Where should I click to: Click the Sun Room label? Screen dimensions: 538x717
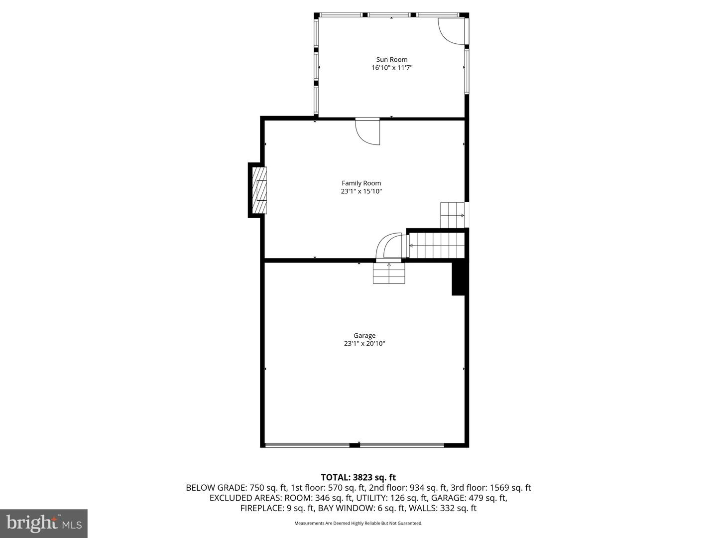pos(391,59)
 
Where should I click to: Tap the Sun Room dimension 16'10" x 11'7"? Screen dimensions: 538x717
pos(391,68)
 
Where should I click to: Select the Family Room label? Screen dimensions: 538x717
pos(361,183)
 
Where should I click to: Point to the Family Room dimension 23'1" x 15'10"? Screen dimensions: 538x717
pos(361,191)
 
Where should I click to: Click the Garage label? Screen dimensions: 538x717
pos(364,335)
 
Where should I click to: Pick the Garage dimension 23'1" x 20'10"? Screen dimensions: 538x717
pos(364,343)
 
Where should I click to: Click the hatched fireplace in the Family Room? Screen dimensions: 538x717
pos(259,191)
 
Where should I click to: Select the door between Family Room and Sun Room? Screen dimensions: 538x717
pos(367,132)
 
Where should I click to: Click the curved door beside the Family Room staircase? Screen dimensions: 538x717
pos(389,247)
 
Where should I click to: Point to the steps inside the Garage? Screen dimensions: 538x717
pos(389,273)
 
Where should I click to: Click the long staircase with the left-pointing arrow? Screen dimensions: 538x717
pos(437,245)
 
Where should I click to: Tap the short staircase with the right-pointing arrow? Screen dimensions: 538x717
pos(452,215)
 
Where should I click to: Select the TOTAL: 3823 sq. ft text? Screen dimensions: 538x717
pos(358,477)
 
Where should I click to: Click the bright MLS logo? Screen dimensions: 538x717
pos(44,523)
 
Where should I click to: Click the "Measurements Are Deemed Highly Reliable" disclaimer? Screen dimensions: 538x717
pos(358,523)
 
